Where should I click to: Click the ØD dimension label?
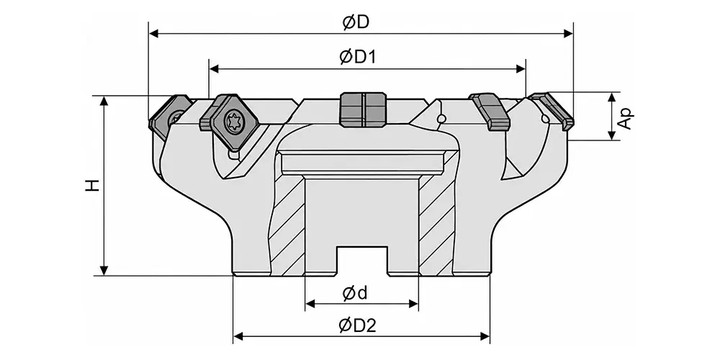click(x=356, y=22)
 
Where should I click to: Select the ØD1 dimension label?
click(x=358, y=58)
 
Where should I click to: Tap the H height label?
click(x=93, y=185)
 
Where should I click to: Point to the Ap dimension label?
click(x=626, y=119)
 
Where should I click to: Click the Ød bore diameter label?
click(x=356, y=293)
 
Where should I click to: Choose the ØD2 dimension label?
click(x=358, y=325)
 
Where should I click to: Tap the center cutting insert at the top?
click(x=363, y=109)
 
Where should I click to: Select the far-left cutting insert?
click(x=169, y=117)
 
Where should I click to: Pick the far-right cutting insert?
click(x=551, y=109)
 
